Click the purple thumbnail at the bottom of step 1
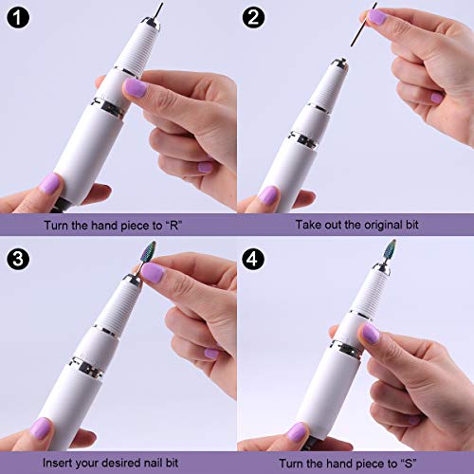50,184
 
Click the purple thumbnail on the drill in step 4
371,334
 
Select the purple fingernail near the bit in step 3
152,273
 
